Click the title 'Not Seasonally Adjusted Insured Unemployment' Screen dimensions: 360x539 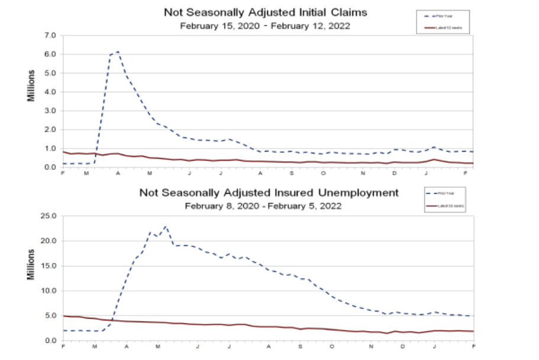(x=269, y=193)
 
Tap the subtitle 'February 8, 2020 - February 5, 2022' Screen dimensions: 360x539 (x=263, y=206)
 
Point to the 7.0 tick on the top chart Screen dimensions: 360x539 (x=50, y=36)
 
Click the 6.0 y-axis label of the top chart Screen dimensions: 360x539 (x=50, y=54)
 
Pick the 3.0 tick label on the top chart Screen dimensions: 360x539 (x=50, y=111)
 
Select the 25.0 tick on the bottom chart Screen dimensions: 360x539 (x=49, y=216)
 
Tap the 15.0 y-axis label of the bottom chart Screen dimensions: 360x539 (x=49, y=266)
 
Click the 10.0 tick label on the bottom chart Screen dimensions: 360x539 (x=49, y=291)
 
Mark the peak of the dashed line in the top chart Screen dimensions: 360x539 (x=118, y=52)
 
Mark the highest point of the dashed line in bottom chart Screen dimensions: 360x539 (x=166, y=226)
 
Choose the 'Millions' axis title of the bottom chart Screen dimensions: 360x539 (x=31, y=265)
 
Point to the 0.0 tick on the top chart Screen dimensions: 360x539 (x=50, y=168)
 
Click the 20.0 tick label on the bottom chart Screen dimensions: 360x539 (x=49, y=241)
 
